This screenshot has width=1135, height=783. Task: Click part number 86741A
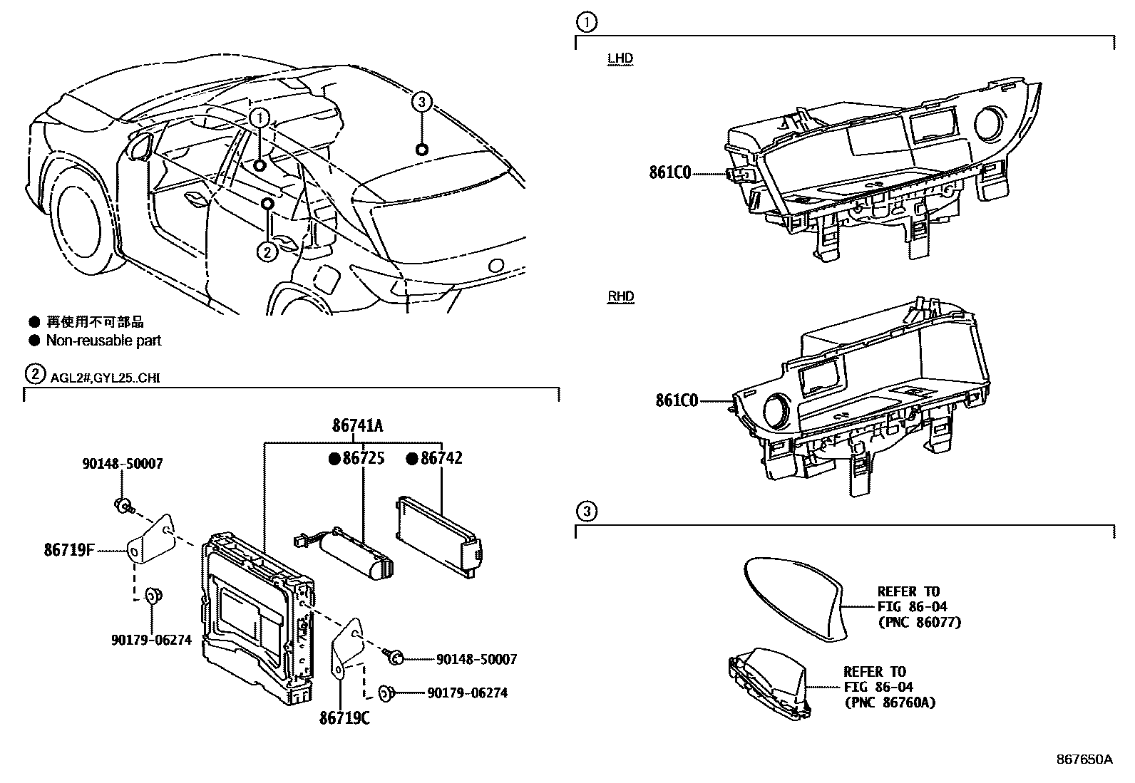pyautogui.click(x=358, y=425)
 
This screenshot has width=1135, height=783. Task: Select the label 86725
pyautogui.click(x=364, y=458)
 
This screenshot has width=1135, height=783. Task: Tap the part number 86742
pyautogui.click(x=441, y=458)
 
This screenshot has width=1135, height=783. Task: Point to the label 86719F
pyautogui.click(x=69, y=550)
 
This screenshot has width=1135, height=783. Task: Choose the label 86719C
pyautogui.click(x=344, y=718)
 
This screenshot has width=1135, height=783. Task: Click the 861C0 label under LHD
pyautogui.click(x=670, y=173)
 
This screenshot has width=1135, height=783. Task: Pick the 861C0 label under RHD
pyautogui.click(x=677, y=400)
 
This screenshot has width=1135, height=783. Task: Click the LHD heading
pyautogui.click(x=620, y=58)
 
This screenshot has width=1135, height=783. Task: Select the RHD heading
pyautogui.click(x=621, y=296)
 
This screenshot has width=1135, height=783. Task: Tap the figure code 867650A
pyautogui.click(x=1084, y=759)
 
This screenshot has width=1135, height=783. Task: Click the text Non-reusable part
pyautogui.click(x=103, y=341)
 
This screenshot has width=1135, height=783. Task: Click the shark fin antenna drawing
pyautogui.click(x=795, y=599)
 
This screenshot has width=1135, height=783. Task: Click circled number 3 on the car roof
pyautogui.click(x=421, y=103)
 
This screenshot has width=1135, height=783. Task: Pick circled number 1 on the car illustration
pyautogui.click(x=260, y=118)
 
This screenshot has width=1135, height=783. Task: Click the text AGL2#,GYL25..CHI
pyautogui.click(x=105, y=378)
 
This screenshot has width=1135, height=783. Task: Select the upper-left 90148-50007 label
pyautogui.click(x=123, y=464)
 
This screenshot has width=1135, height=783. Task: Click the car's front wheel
pyautogui.click(x=81, y=225)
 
